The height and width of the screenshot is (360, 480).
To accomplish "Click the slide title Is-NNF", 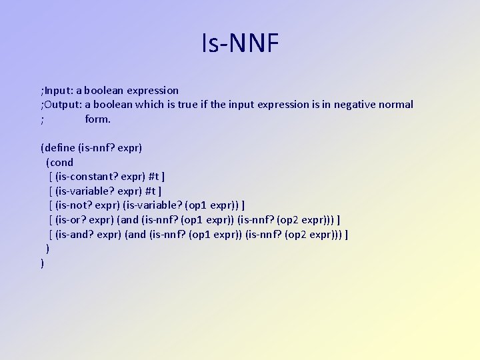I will coord(240,44).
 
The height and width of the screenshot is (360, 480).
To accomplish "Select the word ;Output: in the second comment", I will coord(61,105).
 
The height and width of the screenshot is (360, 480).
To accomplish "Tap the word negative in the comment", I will coord(358,105).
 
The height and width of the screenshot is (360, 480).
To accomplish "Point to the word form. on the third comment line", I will coord(97,119).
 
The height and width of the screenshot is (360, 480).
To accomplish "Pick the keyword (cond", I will coord(60,162).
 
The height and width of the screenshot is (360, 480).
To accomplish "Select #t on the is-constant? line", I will coord(155,177).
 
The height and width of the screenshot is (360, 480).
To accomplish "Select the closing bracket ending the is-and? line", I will coord(347,235).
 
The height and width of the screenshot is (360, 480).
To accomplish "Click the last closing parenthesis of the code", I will coord(43,263).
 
